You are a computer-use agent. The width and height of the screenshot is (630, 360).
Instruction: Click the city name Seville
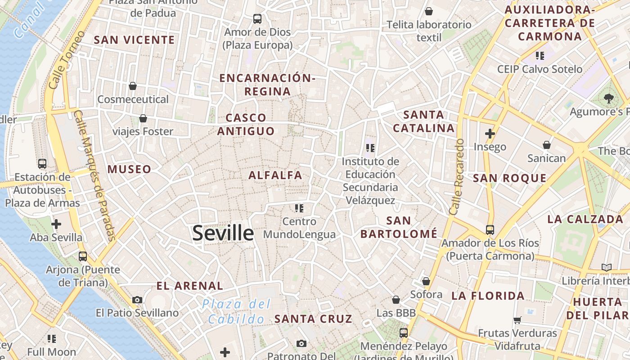[223, 233]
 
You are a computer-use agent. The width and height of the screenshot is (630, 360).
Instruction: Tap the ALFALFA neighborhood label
[275, 175]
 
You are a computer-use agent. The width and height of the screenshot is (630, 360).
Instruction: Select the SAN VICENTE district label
[134, 40]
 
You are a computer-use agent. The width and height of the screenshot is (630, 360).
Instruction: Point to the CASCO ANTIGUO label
[246, 125]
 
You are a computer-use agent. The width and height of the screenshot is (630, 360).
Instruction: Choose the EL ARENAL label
[189, 286]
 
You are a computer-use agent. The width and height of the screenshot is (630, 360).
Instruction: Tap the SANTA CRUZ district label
[313, 319]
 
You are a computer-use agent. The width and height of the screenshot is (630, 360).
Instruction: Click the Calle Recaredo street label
[456, 176]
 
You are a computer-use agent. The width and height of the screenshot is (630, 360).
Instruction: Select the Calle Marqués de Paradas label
[95, 175]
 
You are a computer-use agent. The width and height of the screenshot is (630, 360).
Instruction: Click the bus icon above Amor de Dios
[257, 19]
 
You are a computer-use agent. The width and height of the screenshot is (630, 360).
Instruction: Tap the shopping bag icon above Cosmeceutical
[133, 85]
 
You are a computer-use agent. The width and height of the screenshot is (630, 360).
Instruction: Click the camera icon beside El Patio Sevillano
[137, 300]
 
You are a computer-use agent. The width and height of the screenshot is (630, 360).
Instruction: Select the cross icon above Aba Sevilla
[56, 224]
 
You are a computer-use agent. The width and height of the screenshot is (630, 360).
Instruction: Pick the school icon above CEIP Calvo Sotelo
[540, 56]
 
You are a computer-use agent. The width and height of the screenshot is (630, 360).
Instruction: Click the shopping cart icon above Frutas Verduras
[517, 320]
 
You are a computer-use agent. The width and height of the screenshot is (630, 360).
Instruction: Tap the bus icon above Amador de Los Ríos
[490, 230]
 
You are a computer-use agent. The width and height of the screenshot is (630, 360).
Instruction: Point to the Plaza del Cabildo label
[236, 311]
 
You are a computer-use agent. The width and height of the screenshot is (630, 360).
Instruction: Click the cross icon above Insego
[490, 134]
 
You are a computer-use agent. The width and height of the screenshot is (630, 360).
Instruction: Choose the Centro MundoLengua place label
[299, 228]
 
